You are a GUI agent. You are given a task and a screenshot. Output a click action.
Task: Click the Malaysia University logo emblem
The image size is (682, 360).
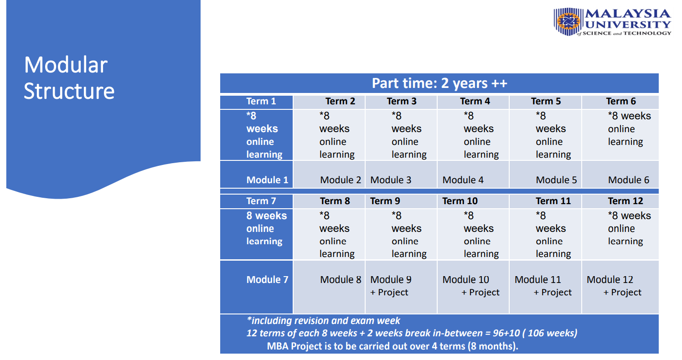(568, 21)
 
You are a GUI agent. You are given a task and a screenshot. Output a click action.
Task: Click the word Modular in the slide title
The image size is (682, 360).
(66, 65)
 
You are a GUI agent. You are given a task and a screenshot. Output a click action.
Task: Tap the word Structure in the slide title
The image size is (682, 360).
(69, 91)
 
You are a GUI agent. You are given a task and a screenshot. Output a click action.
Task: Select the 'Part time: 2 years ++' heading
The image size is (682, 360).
(439, 83)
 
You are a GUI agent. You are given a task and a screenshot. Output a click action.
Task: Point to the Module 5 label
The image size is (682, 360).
(556, 180)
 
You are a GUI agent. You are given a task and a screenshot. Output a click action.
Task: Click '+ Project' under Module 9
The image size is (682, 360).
(389, 292)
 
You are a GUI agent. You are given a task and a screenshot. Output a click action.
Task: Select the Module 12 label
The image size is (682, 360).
(610, 279)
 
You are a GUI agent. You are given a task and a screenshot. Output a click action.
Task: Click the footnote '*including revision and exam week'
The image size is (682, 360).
(323, 320)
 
